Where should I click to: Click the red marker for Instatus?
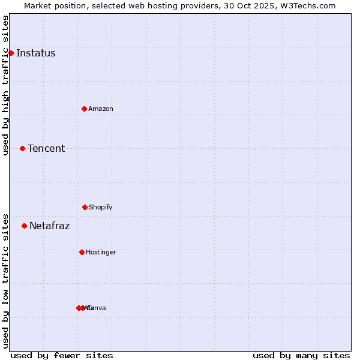point(11,53)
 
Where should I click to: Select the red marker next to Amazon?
point(84,109)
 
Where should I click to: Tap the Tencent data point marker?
point(22,148)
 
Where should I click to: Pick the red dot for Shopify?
point(85,207)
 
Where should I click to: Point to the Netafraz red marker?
point(24,226)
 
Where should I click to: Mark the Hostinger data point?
point(82,252)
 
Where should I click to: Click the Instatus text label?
point(35,53)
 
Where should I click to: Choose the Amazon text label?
point(100,109)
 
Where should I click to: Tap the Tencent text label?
point(46,148)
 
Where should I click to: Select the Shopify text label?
point(100,207)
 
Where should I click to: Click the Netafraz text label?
point(49,226)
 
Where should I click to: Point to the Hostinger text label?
point(101,252)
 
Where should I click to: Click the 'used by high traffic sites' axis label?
point(5,85)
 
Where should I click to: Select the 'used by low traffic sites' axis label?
point(5,280)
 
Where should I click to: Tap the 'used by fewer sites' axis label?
point(62,355)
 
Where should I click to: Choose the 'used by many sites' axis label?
point(301,355)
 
